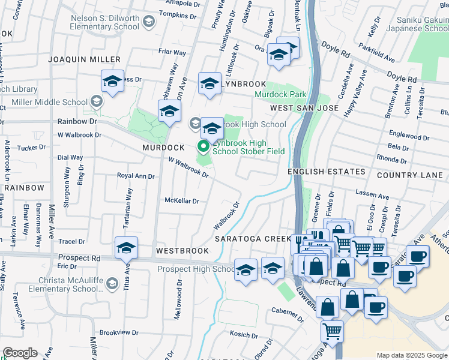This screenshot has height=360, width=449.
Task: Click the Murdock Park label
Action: [x=280, y=94]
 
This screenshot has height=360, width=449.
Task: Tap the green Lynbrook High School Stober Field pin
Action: [x=203, y=146]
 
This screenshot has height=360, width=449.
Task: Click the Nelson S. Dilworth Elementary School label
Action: [x=105, y=22]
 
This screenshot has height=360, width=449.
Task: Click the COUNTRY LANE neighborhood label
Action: [x=410, y=175]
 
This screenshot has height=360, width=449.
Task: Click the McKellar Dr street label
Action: [x=181, y=201]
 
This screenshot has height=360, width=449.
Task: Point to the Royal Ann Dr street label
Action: [x=136, y=176]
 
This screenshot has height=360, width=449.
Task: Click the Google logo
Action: [x=20, y=353]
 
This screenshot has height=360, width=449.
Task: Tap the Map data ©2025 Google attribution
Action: [x=412, y=355]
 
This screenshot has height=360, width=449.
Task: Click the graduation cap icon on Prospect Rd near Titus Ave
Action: [x=126, y=248]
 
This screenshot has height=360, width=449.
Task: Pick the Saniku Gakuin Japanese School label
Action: [x=418, y=23]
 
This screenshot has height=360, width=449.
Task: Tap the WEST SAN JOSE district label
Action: [x=304, y=108]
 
